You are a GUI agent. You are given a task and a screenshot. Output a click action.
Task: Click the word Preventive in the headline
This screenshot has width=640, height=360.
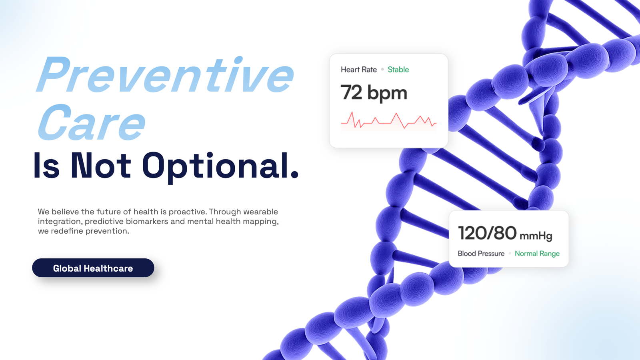165,74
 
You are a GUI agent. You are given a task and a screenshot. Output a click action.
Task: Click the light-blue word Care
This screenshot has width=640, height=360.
92,122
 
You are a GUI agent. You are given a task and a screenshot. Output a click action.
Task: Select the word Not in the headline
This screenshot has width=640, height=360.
101,166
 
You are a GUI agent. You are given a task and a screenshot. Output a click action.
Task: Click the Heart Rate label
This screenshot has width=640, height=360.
358,70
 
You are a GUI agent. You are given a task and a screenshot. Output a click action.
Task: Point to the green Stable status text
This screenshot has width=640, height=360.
398,70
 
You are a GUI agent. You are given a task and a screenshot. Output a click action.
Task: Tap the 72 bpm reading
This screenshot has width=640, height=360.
374,92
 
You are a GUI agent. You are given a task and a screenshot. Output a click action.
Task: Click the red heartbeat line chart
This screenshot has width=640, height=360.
388,120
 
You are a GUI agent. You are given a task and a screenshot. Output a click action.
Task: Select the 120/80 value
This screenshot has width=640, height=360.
487,233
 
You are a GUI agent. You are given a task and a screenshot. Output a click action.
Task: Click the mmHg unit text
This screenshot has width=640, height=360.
536,236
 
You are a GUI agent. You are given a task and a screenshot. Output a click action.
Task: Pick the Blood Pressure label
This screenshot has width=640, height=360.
481,254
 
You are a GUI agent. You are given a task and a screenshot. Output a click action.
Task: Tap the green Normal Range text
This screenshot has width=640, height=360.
537,254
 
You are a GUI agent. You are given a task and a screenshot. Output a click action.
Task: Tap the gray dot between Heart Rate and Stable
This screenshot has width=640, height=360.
382,69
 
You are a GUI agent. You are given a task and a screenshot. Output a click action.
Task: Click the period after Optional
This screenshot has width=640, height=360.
294,175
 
